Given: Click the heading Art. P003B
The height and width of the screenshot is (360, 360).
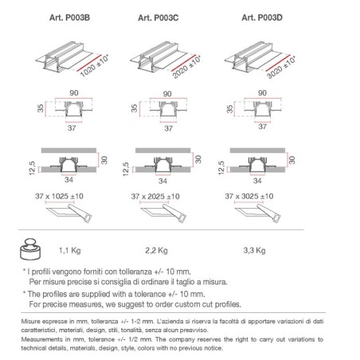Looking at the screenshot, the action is point(69,18).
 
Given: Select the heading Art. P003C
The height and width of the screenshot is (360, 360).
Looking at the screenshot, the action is point(158,18).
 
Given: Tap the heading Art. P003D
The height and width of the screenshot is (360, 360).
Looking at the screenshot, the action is point(262,18).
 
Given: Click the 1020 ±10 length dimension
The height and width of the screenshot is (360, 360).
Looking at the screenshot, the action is point(95,66).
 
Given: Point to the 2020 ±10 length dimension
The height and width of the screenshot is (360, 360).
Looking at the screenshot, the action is point(186,67).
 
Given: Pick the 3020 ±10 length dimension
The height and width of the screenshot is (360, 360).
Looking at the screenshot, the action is point(281,68).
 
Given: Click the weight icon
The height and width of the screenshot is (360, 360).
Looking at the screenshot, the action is point(30,248).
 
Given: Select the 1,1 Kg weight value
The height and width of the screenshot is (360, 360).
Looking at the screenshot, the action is point(70,250).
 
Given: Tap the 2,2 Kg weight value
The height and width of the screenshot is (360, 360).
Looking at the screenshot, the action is point(156,250).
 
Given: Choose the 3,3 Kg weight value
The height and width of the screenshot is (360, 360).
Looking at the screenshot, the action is point(254,250).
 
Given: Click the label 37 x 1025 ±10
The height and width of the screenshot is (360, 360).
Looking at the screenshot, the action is point(59,196).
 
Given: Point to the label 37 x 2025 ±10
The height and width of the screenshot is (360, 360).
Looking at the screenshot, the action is point(155,197).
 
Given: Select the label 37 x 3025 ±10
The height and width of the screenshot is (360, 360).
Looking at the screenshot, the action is point(249,196).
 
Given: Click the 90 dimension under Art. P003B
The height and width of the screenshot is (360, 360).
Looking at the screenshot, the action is point(74,93).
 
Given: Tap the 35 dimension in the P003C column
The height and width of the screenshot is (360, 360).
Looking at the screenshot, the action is point(135,108).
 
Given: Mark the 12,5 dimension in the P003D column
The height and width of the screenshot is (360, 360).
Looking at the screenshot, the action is point(221,168).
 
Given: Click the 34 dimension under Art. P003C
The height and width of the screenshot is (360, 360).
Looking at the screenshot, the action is point(162,181).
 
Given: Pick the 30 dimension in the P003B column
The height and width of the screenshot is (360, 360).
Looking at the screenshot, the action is point(104,160).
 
